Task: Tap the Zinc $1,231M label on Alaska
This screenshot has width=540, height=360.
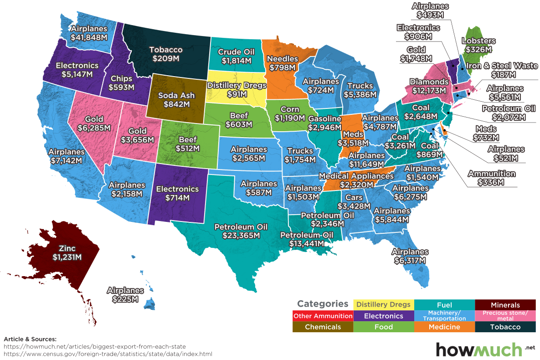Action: pos(67,253)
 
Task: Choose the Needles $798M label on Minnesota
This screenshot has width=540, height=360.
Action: pos(283,63)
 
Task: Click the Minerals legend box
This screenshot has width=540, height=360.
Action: pos(504,305)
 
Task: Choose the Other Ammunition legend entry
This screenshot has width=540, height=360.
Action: pos(323,316)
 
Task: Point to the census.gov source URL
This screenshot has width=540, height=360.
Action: pos(108,354)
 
